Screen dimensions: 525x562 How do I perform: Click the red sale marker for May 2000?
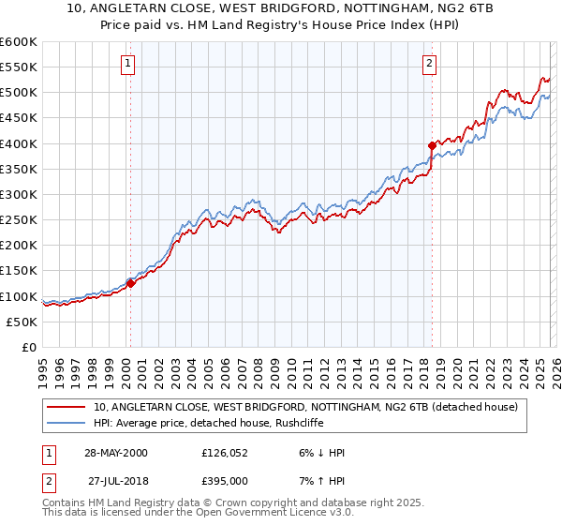(x=131, y=283)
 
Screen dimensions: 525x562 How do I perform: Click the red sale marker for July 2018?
(x=432, y=145)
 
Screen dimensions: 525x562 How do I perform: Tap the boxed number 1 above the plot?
(x=127, y=64)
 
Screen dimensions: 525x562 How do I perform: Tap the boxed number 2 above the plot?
(x=429, y=64)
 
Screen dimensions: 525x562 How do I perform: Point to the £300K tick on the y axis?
(x=19, y=194)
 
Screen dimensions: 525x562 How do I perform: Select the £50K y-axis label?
(x=22, y=322)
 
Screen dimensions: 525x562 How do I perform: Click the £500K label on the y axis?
(x=19, y=93)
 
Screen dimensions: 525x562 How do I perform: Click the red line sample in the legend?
(x=67, y=407)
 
